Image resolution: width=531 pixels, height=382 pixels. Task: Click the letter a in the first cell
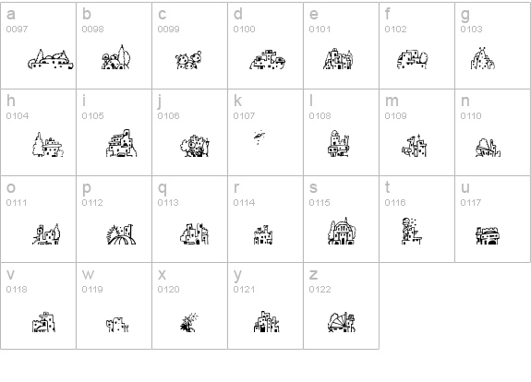coord(11,15)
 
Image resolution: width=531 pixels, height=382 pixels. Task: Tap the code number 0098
coord(92,30)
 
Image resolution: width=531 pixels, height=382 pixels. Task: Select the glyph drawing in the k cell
coord(259,137)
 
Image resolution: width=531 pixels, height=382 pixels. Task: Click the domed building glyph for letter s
coord(342,231)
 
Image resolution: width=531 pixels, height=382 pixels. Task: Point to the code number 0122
coord(320,290)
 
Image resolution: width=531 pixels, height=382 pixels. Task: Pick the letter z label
coord(313,275)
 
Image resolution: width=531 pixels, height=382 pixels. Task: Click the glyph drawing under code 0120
coord(188,322)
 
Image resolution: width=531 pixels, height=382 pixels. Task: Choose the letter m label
coord(392,101)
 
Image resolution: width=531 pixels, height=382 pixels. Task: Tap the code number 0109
coord(395,115)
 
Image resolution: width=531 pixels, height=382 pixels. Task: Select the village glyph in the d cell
coord(268,60)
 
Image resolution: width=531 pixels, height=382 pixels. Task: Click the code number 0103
coord(471,30)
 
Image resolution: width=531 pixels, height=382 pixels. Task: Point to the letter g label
coord(465,16)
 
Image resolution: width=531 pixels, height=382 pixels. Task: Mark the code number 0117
coord(470,203)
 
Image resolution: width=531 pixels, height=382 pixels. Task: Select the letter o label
coord(11,188)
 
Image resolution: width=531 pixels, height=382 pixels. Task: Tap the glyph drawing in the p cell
coord(121,234)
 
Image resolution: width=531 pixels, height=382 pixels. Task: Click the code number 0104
coord(18,115)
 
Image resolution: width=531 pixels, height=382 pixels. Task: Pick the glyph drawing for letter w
coord(117,325)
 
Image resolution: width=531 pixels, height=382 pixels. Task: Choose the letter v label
coord(10,275)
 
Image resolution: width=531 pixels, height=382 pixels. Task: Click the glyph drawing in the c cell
coord(188,60)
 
